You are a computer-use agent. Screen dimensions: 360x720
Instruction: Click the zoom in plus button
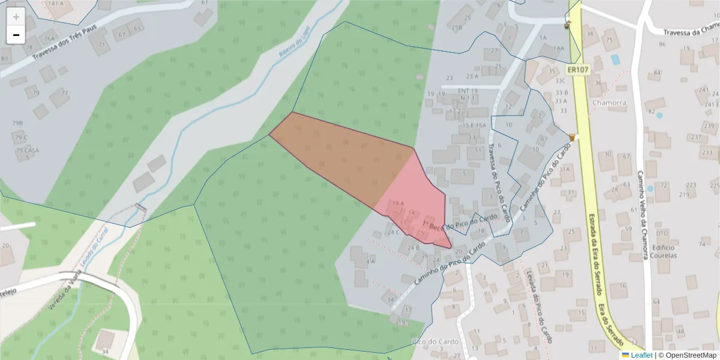[16, 17]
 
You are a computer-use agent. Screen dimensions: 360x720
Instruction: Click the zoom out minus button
[16, 35]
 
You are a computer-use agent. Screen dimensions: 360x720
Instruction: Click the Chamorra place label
[608, 103]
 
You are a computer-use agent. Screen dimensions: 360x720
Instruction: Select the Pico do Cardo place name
[435, 341]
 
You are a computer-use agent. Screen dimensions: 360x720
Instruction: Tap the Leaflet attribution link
[641, 355]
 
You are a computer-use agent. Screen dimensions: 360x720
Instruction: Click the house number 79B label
[17, 123]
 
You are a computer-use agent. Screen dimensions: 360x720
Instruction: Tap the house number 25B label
[457, 28]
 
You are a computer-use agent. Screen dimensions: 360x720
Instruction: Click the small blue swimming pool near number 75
[615, 59]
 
